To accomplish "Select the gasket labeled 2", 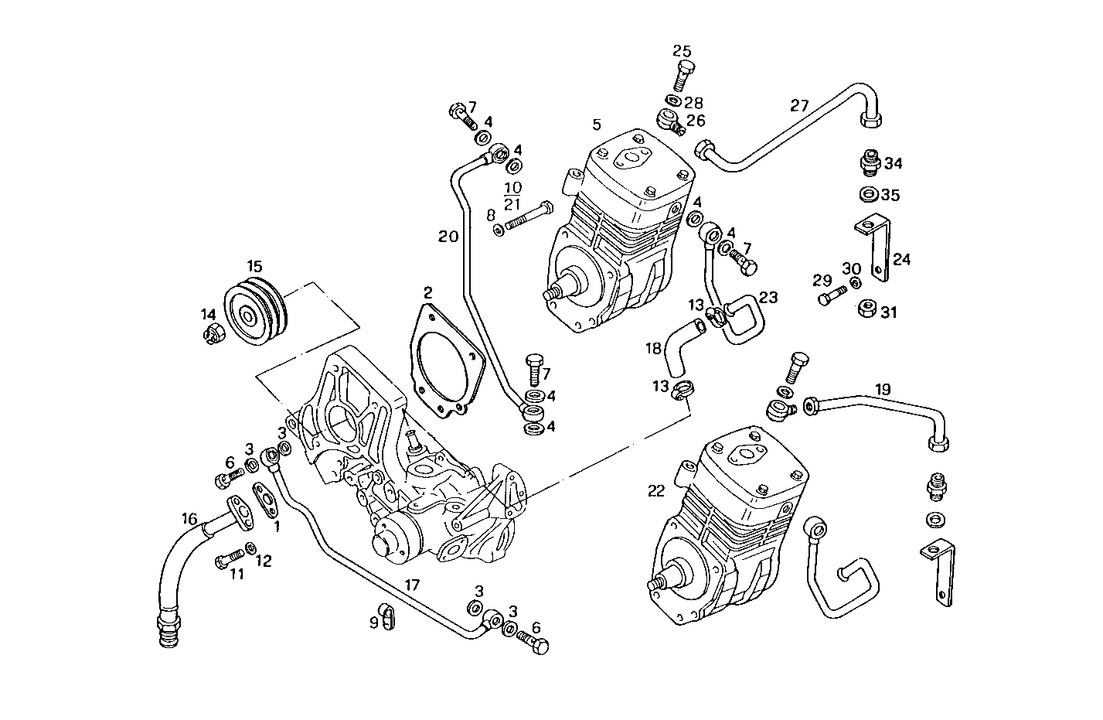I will [x=445, y=360].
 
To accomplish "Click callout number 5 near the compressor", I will [x=596, y=124].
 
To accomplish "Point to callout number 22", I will [x=656, y=490].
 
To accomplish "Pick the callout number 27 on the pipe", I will [x=799, y=105].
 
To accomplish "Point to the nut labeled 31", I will [x=867, y=311].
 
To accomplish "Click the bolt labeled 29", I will [x=828, y=297].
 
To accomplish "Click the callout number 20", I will [x=449, y=237].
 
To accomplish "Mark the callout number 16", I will [x=189, y=519].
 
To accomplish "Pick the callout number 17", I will [x=412, y=585].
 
